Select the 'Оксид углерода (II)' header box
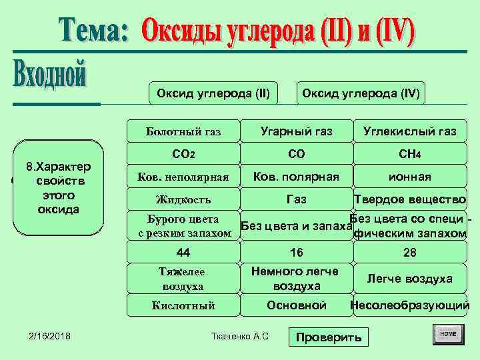[x=213, y=93]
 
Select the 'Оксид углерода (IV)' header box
[x=361, y=93]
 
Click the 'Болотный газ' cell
[x=183, y=131]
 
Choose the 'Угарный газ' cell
[x=297, y=131]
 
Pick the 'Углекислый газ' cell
[x=410, y=131]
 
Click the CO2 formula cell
[x=183, y=154]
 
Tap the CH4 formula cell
[x=410, y=154]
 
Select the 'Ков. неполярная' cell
[x=183, y=177]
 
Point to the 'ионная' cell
[x=410, y=177]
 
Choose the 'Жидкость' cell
[x=183, y=199]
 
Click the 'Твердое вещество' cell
[x=410, y=199]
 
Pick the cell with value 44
[x=183, y=252]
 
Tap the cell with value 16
[x=297, y=252]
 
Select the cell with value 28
[x=410, y=252]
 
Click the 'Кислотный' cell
[x=183, y=305]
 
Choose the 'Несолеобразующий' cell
[x=410, y=305]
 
